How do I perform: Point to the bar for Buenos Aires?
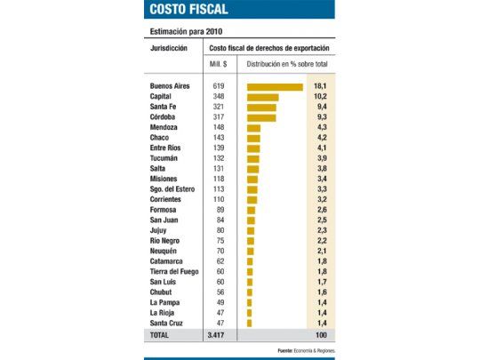click(x=276, y=87)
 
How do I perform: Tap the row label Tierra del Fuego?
click(x=177, y=270)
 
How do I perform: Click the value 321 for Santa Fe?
click(x=219, y=107)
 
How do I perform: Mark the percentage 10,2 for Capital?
click(x=323, y=97)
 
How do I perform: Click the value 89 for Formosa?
click(x=219, y=209)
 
